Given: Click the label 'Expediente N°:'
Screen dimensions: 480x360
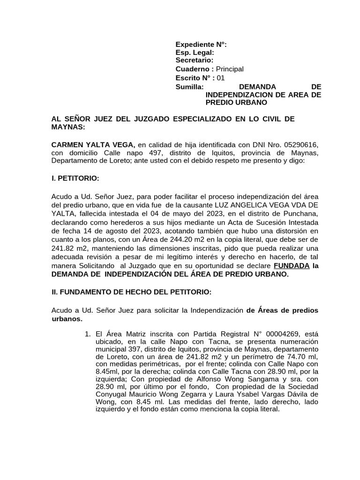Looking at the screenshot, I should pos(201,45).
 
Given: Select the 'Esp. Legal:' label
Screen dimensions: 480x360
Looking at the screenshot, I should pos(195,53).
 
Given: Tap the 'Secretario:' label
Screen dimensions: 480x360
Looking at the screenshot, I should pos(195,60).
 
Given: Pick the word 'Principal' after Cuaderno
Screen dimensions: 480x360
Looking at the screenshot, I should pos(229,69).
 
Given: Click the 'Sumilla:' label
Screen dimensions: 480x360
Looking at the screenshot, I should pos(189,87).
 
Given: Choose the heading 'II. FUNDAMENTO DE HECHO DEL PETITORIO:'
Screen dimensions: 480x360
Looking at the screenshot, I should pos(131,292).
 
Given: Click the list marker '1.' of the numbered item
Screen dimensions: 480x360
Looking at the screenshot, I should pos(87,335).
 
